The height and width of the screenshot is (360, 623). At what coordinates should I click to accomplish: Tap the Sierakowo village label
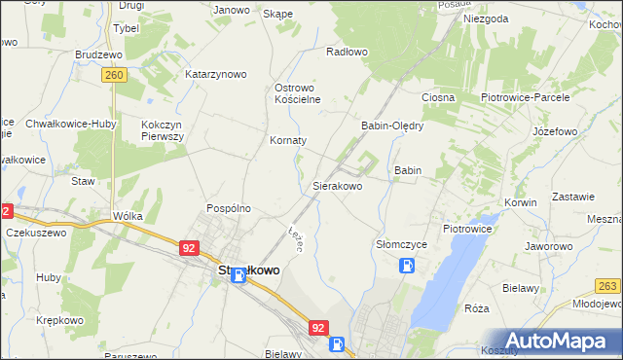(337, 185)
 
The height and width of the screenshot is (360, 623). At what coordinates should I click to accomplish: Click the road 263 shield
(608, 285)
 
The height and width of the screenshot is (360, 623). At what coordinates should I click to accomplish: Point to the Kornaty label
(288, 140)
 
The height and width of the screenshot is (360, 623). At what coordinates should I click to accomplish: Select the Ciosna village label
(438, 98)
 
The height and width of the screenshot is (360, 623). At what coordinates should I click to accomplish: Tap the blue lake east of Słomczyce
(443, 282)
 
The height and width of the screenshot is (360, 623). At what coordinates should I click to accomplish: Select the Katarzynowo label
(216, 74)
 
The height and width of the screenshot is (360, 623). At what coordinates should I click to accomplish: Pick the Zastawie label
(573, 196)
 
